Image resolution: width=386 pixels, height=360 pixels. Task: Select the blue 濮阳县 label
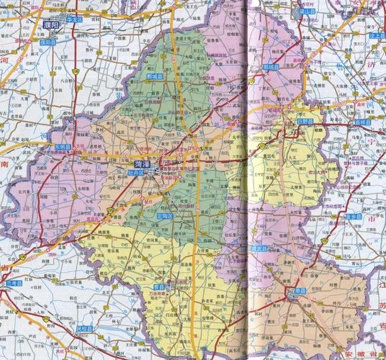[48, 42]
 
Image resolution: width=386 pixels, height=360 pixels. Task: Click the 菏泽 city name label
[142, 164]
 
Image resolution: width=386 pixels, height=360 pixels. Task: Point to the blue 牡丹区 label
[137, 174]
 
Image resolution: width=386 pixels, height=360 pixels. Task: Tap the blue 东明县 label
[63, 147]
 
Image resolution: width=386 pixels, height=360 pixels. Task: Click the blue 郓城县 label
[271, 66]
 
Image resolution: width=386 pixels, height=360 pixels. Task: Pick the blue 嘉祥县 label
[362, 122]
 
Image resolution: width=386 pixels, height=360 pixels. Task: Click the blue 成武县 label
[259, 248]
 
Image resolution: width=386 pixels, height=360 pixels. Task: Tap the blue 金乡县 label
[353, 215]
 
